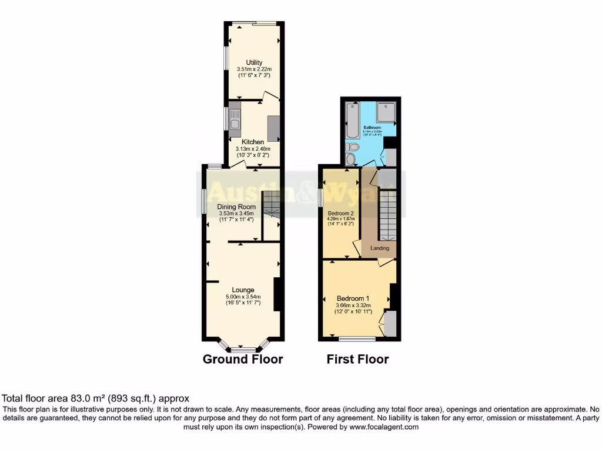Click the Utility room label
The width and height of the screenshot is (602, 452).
click(254, 62)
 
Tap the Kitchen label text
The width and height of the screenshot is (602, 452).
click(253, 142)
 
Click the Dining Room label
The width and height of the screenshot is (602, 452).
click(236, 207)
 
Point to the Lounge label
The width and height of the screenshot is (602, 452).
click(243, 290)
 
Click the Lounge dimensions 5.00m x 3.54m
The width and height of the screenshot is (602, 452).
click(243, 297)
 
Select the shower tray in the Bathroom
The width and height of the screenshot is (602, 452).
click(387, 112)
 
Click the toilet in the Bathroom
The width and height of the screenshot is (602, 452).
click(353, 147)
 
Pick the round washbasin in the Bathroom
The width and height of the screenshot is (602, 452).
click(351, 159)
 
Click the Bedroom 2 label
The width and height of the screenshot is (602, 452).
click(340, 212)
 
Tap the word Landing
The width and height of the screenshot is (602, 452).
click(379, 248)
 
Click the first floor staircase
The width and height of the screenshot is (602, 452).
click(388, 215)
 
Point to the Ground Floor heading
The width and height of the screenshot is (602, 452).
click(243, 359)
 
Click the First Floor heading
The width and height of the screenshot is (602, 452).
click(357, 359)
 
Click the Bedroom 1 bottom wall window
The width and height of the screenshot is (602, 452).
click(357, 338)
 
